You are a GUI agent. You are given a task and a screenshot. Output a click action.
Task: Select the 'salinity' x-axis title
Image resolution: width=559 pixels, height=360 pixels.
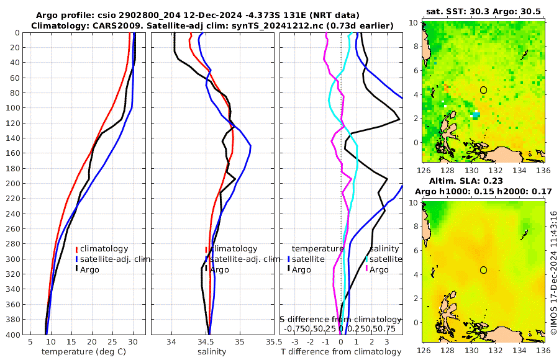click(212, 352)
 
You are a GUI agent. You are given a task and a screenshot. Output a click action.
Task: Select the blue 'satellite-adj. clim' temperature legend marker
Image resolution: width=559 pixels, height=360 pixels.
click(76, 259)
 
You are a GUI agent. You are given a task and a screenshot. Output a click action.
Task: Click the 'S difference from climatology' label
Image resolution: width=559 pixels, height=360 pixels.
click(341, 319)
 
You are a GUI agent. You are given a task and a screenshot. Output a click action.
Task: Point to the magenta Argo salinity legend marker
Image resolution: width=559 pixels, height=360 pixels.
click(367, 269)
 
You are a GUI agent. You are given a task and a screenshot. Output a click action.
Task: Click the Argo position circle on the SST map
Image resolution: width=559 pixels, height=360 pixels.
click(484, 90)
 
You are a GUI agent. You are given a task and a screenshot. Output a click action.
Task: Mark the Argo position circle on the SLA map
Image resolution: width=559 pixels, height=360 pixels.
click(484, 270)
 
